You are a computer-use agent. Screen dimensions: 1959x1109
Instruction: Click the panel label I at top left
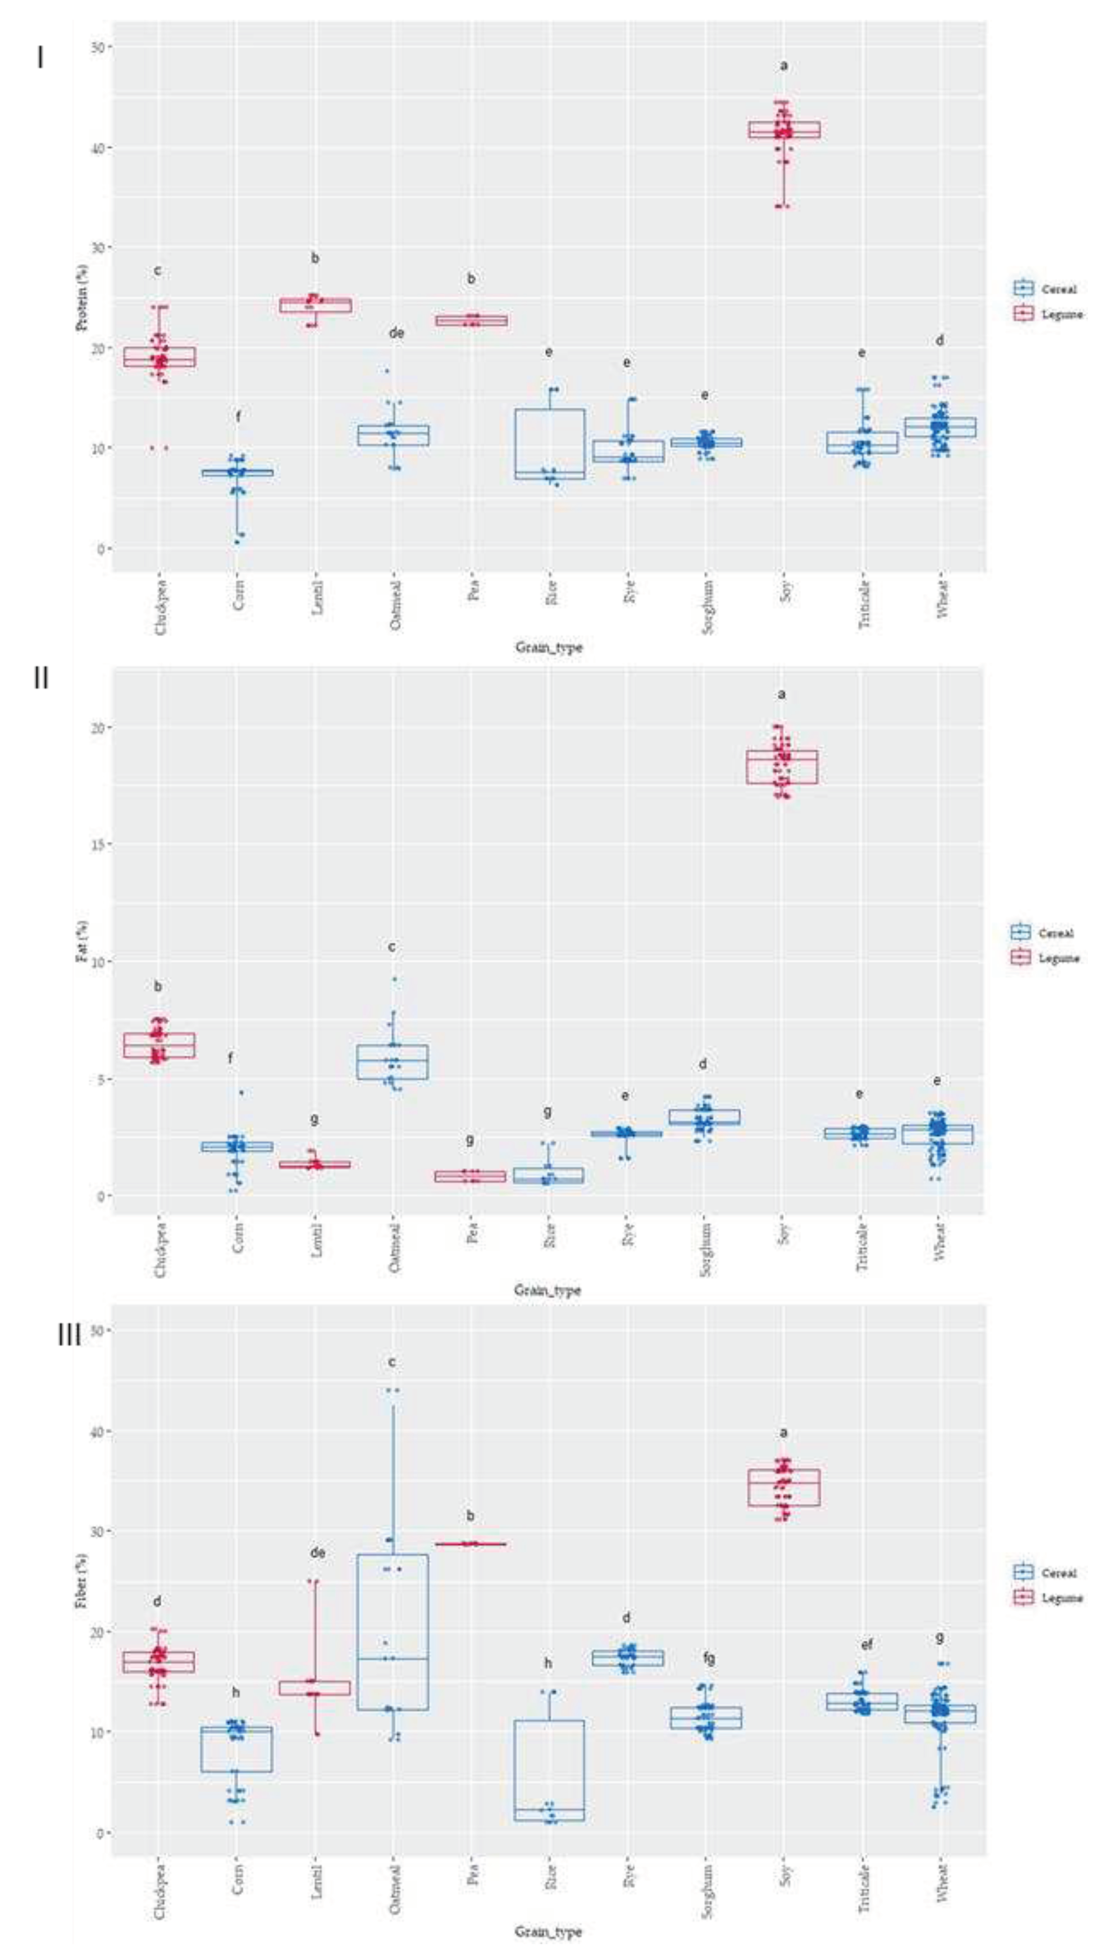click(x=40, y=58)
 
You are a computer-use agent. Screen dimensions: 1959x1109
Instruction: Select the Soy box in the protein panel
click(x=784, y=129)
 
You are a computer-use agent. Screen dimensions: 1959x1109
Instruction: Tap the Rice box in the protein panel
click(x=550, y=444)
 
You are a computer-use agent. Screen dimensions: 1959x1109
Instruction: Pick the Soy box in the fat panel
click(x=782, y=766)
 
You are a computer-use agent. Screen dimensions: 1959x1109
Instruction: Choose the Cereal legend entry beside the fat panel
click(x=1045, y=932)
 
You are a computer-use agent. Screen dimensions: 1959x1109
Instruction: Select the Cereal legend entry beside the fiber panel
click(x=1048, y=1572)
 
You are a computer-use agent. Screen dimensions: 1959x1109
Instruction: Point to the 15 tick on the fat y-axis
click(x=97, y=844)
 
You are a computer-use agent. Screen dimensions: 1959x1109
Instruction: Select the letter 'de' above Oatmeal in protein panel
click(x=396, y=333)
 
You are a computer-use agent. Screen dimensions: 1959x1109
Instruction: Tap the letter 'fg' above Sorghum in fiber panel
click(x=707, y=1658)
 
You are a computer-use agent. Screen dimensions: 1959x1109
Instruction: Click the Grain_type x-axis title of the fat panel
click(x=547, y=1289)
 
